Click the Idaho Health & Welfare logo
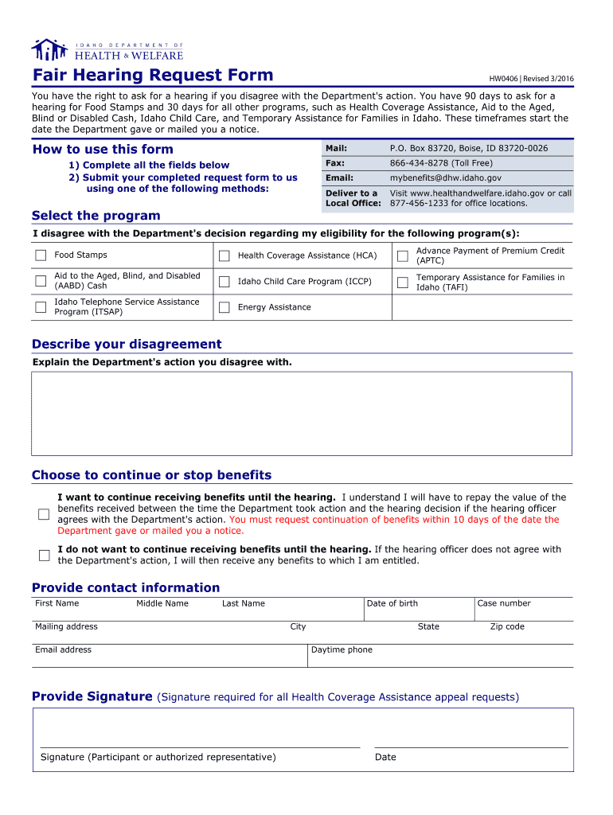[x=107, y=50]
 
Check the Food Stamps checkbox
[x=41, y=255]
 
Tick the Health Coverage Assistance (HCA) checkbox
[x=225, y=255]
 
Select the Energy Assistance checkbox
[x=225, y=307]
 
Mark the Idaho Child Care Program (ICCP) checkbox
[x=225, y=282]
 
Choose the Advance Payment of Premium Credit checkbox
[x=403, y=255]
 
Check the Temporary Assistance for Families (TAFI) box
[x=403, y=282]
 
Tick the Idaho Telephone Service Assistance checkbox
[x=41, y=307]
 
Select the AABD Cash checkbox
[x=41, y=281]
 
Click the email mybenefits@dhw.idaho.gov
[x=445, y=178]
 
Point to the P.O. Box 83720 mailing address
[x=468, y=149]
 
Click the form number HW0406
[x=503, y=79]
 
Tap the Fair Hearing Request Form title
[x=152, y=76]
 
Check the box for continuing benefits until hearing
[x=44, y=514]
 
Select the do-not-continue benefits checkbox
[x=44, y=555]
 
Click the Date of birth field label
[x=392, y=603]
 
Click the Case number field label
[x=503, y=603]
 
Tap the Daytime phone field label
[x=342, y=650]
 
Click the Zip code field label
[x=507, y=626]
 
